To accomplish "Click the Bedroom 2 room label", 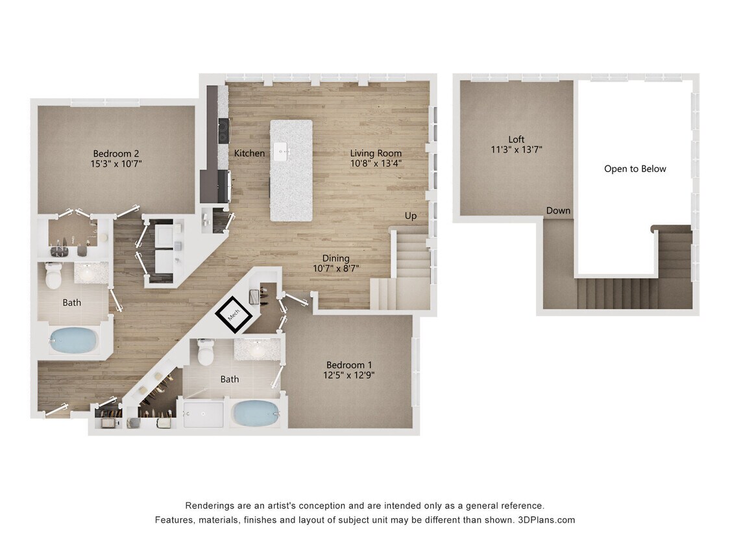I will click(x=117, y=153).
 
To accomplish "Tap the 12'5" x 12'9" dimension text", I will click(x=350, y=375).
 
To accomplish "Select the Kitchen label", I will click(x=249, y=153).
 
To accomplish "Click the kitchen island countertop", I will click(x=291, y=188).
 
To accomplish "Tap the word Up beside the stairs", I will click(x=411, y=216).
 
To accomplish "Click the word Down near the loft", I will click(x=558, y=210).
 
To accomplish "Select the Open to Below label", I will click(x=635, y=169).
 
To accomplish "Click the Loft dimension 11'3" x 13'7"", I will click(x=517, y=149).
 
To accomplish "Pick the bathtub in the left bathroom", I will click(x=73, y=340).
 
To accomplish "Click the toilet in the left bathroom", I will click(x=53, y=276).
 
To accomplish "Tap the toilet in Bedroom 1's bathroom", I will click(x=206, y=353).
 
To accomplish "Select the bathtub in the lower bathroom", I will click(x=255, y=413).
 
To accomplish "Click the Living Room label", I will click(x=376, y=153).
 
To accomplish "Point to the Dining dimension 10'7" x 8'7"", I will click(x=335, y=268).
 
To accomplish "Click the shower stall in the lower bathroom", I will click(x=203, y=414).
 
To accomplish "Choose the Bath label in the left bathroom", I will click(x=72, y=303).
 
